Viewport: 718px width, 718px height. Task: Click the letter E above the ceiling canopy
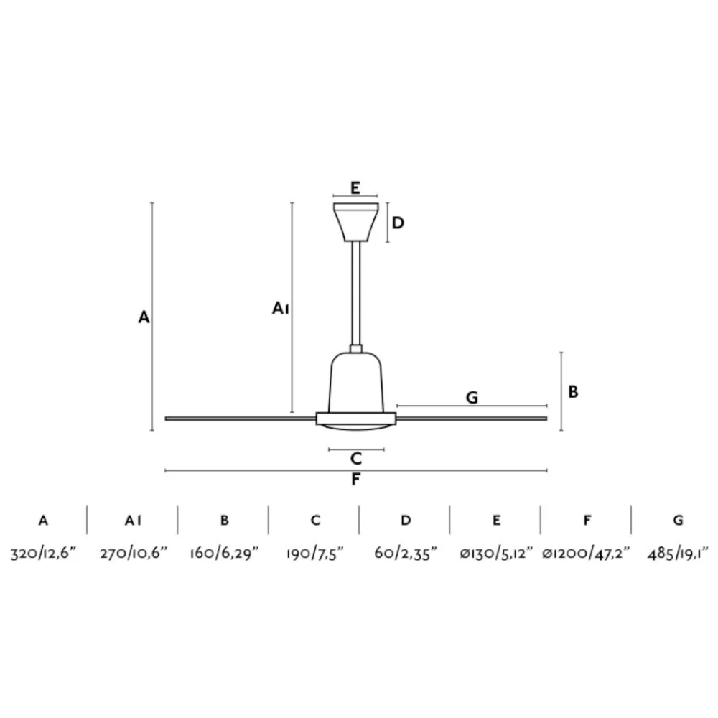[x=355, y=187]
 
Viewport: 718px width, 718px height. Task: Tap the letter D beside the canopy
[x=398, y=223]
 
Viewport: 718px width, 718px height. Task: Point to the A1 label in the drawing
[x=280, y=308]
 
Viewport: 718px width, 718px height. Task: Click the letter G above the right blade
[x=472, y=398]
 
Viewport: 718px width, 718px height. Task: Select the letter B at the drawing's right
[x=573, y=392]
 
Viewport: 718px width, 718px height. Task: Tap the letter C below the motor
[x=356, y=458]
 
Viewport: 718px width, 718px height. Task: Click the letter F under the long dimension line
[x=356, y=479]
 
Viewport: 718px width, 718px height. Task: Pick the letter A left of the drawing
[x=144, y=317]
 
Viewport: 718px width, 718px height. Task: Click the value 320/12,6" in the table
[x=43, y=554]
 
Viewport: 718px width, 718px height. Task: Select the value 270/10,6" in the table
[x=134, y=554]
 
